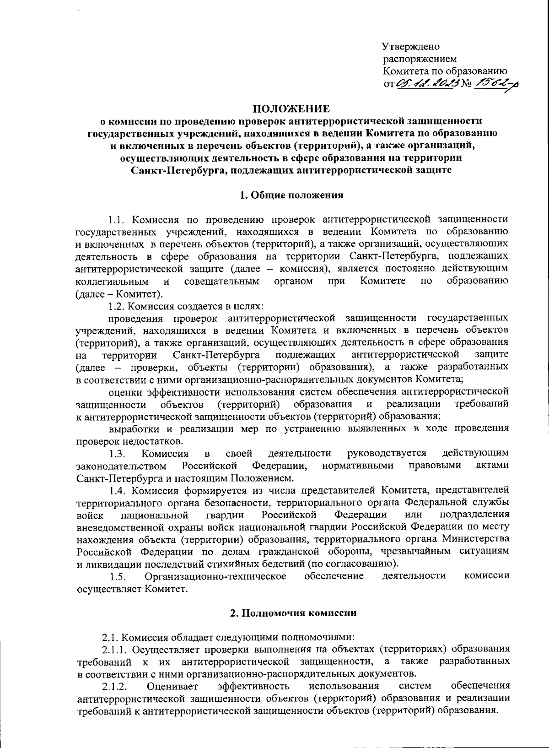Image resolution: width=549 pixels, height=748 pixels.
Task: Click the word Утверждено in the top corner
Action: (411, 47)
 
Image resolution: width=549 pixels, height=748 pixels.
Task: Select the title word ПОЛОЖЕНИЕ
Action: (291, 109)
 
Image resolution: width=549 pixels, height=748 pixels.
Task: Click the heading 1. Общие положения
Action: (291, 195)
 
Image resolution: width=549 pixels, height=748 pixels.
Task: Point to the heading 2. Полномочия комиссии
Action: (291, 613)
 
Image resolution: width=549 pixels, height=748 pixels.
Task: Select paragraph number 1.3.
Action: (117, 454)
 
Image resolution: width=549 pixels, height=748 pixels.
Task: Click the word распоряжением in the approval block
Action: (420, 59)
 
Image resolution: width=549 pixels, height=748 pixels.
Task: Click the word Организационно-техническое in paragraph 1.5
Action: (215, 576)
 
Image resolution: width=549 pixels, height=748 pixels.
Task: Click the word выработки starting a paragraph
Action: (134, 429)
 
